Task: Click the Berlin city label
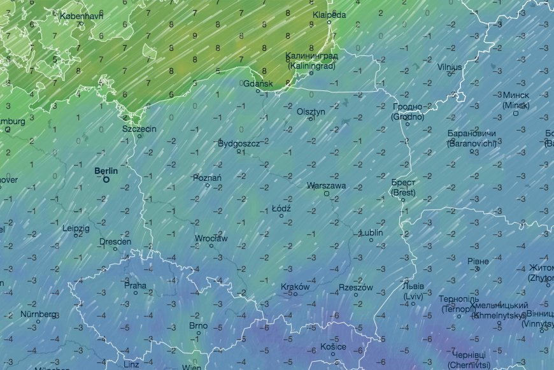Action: (106, 171)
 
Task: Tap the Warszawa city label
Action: (326, 186)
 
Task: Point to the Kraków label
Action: (295, 287)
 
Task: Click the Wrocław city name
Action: (211, 238)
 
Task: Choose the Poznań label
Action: (208, 178)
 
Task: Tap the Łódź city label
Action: (281, 208)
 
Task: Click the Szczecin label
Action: (139, 129)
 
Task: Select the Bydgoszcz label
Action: (239, 143)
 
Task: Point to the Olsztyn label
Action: (311, 111)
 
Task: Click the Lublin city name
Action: (371, 232)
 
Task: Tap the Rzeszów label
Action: (355, 288)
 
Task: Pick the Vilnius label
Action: (450, 66)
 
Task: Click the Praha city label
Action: (135, 286)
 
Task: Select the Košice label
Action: (333, 346)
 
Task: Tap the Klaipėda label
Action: (329, 14)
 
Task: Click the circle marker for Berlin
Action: (106, 180)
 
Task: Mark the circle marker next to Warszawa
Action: (327, 194)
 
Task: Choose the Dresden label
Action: (115, 241)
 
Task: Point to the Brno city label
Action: (198, 325)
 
